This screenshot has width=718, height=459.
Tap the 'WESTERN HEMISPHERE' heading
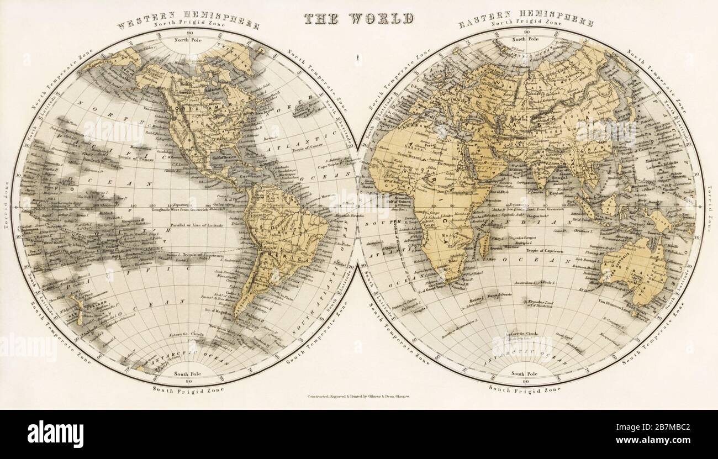[x=188, y=17]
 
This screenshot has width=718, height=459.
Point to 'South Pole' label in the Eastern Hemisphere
[x=524, y=374]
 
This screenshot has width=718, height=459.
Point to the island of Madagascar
[x=484, y=243]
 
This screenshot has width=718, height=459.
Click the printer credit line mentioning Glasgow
[x=358, y=397]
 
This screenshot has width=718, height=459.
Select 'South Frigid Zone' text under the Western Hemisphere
[x=188, y=389]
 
